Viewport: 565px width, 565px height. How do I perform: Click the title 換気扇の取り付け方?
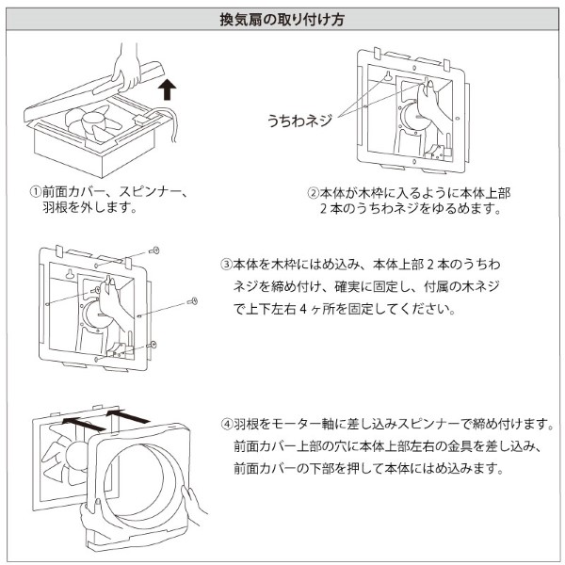[282, 18]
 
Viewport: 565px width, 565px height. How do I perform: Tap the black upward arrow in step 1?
[167, 89]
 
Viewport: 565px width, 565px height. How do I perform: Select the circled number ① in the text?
[34, 193]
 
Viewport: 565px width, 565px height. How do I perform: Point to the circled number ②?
[315, 193]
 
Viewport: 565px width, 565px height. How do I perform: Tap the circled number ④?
[226, 424]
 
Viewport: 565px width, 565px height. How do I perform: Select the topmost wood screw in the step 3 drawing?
[154, 251]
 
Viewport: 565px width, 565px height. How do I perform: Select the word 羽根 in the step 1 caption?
[52, 209]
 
